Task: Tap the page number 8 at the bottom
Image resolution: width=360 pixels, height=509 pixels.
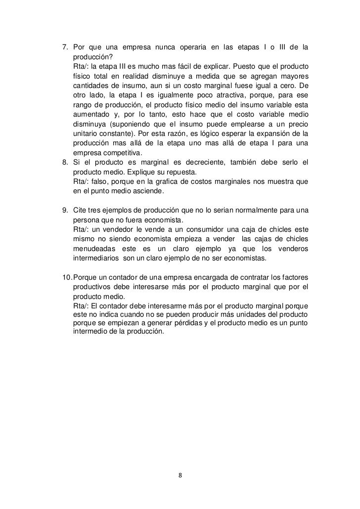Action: click(180, 476)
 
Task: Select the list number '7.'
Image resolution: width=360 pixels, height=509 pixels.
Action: click(65, 47)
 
